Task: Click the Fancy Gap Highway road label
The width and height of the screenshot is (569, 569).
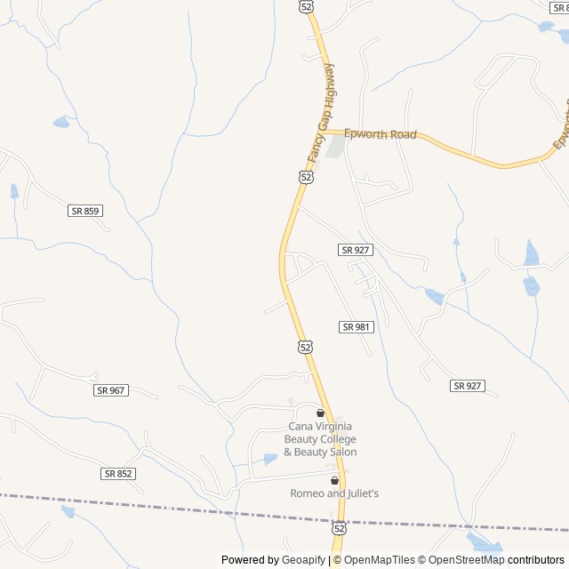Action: click(x=320, y=114)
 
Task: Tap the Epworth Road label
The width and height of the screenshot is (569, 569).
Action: click(x=381, y=134)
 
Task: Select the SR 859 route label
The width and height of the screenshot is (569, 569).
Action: click(x=85, y=211)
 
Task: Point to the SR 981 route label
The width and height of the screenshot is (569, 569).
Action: click(x=357, y=327)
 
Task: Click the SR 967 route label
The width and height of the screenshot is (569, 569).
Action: click(x=111, y=390)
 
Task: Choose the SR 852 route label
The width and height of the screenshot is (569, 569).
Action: click(x=117, y=474)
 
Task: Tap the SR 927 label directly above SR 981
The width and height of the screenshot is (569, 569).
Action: click(x=355, y=250)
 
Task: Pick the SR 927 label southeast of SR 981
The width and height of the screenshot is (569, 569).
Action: click(x=468, y=385)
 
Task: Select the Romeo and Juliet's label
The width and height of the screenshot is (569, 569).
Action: click(x=334, y=493)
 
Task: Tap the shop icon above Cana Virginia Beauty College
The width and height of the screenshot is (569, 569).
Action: click(x=320, y=413)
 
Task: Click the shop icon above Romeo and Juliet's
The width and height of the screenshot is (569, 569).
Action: click(x=334, y=480)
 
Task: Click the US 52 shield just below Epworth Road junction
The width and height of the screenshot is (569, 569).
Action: click(x=306, y=177)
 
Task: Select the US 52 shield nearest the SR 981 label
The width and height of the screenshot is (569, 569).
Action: click(x=305, y=346)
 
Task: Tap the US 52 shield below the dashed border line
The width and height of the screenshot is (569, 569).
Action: click(x=338, y=527)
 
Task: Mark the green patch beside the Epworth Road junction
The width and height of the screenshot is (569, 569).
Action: click(x=335, y=145)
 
